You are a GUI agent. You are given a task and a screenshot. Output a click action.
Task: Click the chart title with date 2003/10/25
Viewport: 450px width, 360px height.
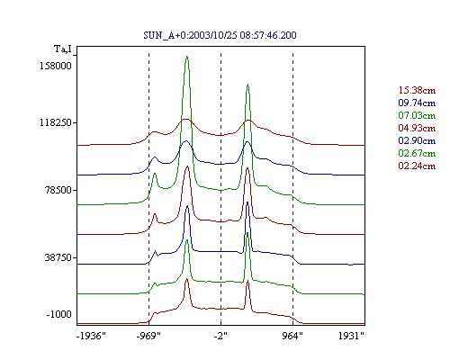tap(220, 35)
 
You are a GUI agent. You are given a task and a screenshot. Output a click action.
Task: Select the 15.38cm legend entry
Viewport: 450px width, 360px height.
tap(417, 90)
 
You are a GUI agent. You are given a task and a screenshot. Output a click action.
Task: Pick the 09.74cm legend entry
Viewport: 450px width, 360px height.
tap(417, 103)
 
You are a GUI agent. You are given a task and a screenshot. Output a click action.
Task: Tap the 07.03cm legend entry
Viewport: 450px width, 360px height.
tap(417, 115)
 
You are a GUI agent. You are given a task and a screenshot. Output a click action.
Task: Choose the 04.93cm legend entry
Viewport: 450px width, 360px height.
tap(417, 128)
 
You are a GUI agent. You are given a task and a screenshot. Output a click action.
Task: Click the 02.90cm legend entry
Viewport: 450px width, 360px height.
tap(417, 140)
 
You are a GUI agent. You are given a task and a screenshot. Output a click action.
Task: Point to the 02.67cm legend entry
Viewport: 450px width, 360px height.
tap(417, 153)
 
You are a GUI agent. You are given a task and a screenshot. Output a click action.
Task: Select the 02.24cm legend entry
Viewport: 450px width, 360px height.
tap(417, 166)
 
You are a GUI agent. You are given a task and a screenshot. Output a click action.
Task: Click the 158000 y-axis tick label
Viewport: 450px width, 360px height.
tap(56, 66)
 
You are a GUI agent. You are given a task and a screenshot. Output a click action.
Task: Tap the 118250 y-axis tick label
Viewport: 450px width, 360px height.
tap(56, 122)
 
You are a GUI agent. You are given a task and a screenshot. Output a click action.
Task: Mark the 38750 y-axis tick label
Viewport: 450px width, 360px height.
tap(58, 257)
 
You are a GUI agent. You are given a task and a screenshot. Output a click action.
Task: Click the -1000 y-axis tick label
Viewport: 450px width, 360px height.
tap(58, 314)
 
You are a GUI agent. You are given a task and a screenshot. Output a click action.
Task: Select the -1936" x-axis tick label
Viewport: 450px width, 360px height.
tap(91, 336)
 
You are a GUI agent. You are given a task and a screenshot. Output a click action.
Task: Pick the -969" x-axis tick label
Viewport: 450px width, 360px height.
tap(148, 336)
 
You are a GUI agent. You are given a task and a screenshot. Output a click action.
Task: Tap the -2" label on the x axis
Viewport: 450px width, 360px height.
tap(220, 336)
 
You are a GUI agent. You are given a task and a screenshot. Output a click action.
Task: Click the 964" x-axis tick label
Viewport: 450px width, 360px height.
tap(292, 336)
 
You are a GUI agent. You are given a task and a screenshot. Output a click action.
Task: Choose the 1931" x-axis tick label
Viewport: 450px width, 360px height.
tap(351, 336)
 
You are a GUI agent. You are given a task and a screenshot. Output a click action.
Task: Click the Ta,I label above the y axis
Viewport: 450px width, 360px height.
tap(63, 49)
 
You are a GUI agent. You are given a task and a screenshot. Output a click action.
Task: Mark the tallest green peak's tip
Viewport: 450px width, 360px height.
tap(187, 56)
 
